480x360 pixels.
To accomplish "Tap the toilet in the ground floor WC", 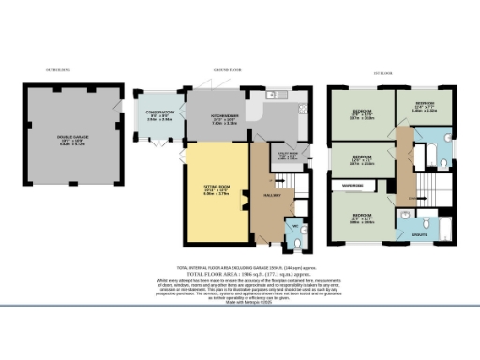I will coord(298,241).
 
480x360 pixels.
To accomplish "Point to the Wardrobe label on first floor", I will coord(352,186).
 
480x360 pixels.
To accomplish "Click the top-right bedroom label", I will coord(424,106).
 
